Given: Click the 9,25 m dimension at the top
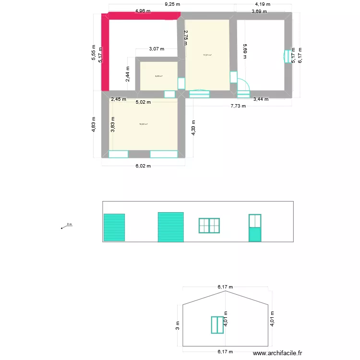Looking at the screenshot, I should pyautogui.click(x=172, y=4).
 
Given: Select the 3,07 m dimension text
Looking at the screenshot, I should pyautogui.click(x=156, y=48).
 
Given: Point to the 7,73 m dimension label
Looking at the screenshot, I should pyautogui.click(x=238, y=106).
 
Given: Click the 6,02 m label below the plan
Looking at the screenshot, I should pyautogui.click(x=143, y=166).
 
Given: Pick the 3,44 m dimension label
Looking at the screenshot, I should pyautogui.click(x=261, y=99).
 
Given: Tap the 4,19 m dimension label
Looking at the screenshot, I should pyautogui.click(x=262, y=4).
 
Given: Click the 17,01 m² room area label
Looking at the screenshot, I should pyautogui.click(x=207, y=55).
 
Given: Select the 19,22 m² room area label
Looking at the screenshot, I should pyautogui.click(x=143, y=124).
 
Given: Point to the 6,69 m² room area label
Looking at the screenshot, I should pyautogui.click(x=158, y=76).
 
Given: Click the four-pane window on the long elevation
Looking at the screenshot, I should pyautogui.click(x=209, y=226).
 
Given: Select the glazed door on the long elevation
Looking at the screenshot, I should pyautogui.click(x=254, y=228).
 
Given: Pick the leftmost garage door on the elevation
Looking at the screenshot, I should pyautogui.click(x=114, y=227).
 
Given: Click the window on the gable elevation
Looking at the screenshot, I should pyautogui.click(x=218, y=324).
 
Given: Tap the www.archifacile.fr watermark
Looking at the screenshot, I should pyautogui.click(x=278, y=353).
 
